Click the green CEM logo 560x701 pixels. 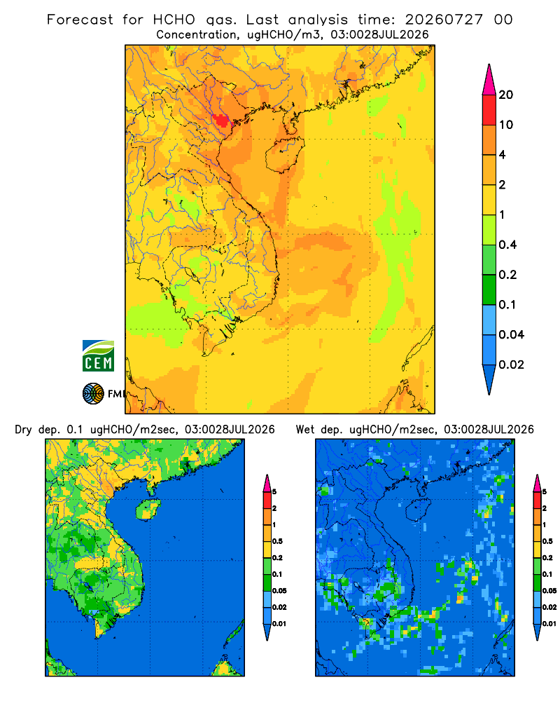[x=98, y=355]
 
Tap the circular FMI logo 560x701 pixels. [x=93, y=393]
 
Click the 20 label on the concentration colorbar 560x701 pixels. [x=506, y=95]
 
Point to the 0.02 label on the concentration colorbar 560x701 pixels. [x=511, y=365]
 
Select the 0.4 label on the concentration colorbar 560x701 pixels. [x=507, y=245]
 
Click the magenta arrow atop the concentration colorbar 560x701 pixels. [x=489, y=79]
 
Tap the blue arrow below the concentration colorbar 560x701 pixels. [x=489, y=380]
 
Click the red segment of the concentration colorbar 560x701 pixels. [x=489, y=110]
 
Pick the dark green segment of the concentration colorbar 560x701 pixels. [x=489, y=290]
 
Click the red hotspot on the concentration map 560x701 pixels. [x=220, y=121]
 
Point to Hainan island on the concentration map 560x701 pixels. [x=284, y=154]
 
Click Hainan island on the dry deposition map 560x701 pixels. [x=148, y=510]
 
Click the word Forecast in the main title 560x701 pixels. [x=80, y=20]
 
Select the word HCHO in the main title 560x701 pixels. [x=174, y=20]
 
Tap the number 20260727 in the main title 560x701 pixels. [x=444, y=20]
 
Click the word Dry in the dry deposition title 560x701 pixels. [x=23, y=430]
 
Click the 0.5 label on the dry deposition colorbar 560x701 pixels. [x=277, y=541]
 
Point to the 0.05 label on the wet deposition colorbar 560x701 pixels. [x=549, y=590]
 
